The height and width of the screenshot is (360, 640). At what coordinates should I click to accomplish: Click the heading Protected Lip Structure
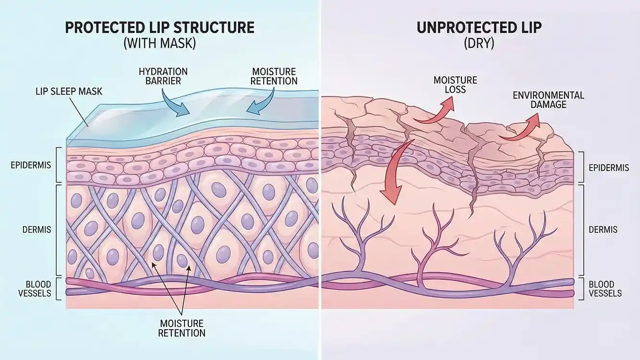click(x=159, y=27)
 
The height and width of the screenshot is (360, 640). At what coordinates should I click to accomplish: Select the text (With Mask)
click(x=159, y=44)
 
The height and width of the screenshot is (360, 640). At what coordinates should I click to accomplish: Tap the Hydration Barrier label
click(x=163, y=76)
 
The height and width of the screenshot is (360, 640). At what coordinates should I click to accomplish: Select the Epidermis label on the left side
click(x=31, y=165)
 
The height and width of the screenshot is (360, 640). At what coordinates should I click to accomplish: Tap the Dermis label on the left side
click(x=36, y=229)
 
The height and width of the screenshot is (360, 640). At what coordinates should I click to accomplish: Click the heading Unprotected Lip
click(x=479, y=27)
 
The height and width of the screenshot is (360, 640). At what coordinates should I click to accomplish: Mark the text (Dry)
click(x=479, y=44)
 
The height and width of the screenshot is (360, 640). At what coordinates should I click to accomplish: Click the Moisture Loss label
click(x=448, y=84)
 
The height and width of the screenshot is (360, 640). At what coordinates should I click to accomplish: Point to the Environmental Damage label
click(x=548, y=99)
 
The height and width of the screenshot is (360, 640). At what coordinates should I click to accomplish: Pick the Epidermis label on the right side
click(x=608, y=168)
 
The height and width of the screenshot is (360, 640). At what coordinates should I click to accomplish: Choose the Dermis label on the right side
click(x=603, y=229)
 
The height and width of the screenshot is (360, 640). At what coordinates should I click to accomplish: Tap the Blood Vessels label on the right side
click(x=605, y=288)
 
